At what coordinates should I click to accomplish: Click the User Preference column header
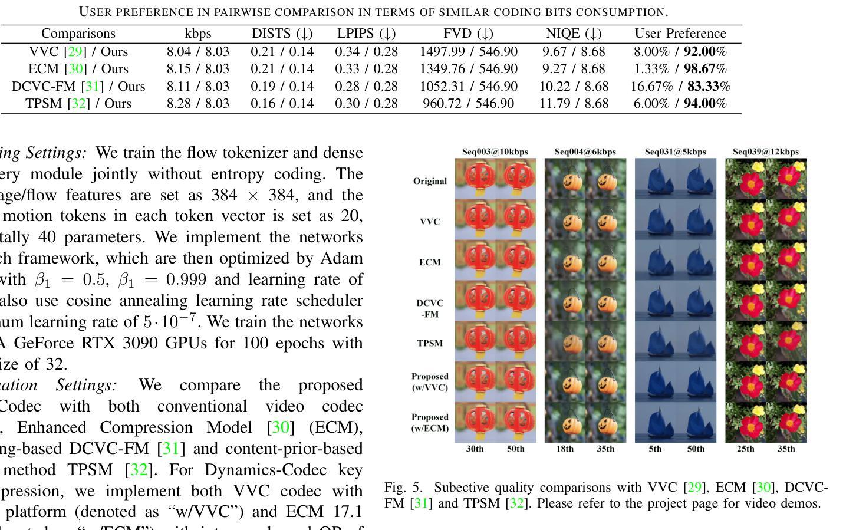680,34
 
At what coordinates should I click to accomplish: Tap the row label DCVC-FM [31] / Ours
78,87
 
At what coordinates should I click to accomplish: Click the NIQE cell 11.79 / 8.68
574,104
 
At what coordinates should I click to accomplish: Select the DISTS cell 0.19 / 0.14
282,87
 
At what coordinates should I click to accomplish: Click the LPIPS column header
366,34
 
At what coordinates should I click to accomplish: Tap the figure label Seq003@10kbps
495,152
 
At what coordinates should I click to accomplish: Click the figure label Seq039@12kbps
765,152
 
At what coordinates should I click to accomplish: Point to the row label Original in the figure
430,181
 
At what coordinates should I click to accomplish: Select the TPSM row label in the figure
430,343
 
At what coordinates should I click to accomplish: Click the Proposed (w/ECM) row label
430,423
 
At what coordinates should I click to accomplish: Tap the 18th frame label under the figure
564,449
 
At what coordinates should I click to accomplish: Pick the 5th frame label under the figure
655,449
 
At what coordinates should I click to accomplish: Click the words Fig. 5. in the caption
403,488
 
